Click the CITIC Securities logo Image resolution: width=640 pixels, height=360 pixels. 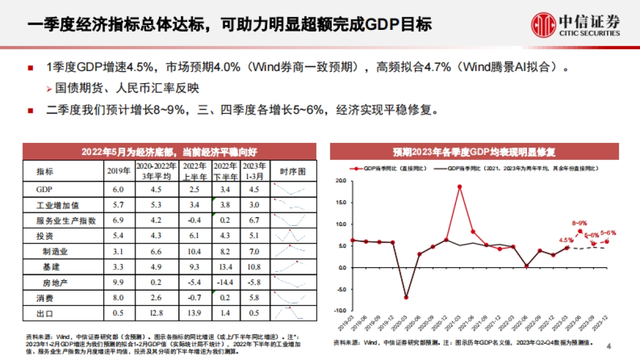pyautogui.click(x=576, y=25)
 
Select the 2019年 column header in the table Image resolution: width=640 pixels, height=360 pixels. pyautogui.click(x=119, y=171)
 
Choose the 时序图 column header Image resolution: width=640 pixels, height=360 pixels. pyautogui.click(x=292, y=171)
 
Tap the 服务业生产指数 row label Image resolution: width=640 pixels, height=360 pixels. pyautogui.click(x=66, y=220)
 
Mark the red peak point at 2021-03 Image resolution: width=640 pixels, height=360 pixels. pyautogui.click(x=459, y=187)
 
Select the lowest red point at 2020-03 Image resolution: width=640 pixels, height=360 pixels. pyautogui.click(x=406, y=297)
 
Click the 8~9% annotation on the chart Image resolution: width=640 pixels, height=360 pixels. pyautogui.click(x=579, y=222)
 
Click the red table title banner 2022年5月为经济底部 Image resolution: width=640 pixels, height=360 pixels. pyautogui.click(x=169, y=152)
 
